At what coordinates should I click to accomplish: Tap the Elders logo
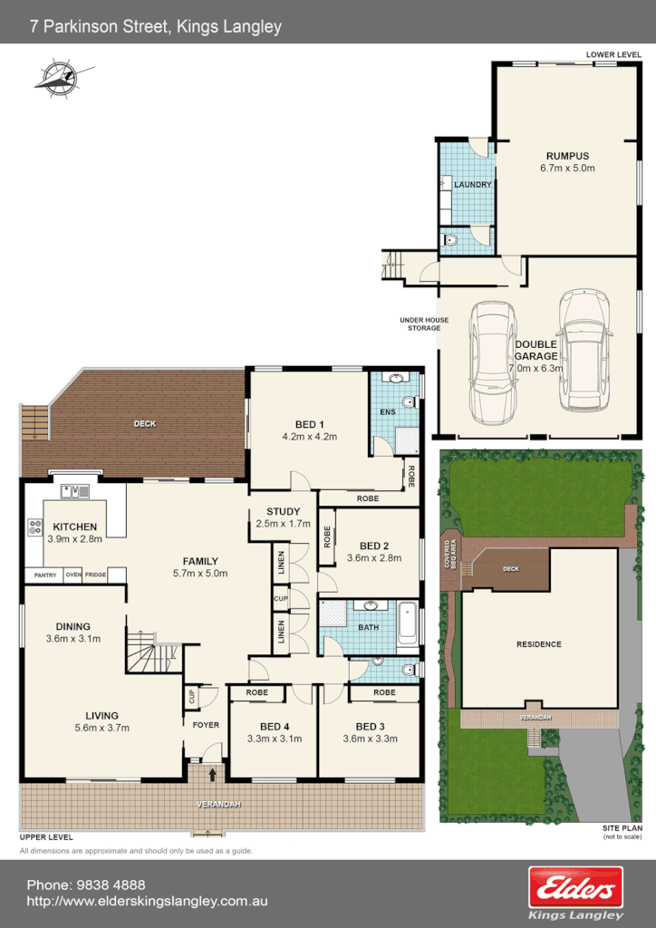point(576,886)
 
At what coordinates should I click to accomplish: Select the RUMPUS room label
point(567,156)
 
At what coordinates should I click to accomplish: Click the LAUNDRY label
point(473,185)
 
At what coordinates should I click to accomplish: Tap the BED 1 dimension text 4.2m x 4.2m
point(309,437)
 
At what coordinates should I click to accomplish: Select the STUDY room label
point(283,512)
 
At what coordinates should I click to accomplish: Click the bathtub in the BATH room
point(409,623)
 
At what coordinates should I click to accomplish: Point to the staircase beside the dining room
point(152,652)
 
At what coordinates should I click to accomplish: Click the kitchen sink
point(74,492)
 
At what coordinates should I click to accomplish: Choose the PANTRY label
point(44,575)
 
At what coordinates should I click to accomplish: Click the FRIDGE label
point(95,575)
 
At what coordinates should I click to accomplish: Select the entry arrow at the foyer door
point(213,774)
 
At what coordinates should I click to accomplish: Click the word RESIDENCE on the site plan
point(539,644)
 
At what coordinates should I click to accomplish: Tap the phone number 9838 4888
point(113,884)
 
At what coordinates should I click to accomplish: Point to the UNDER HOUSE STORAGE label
point(420,324)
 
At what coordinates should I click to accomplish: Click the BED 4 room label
point(275,727)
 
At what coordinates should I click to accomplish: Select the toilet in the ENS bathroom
point(410,401)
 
